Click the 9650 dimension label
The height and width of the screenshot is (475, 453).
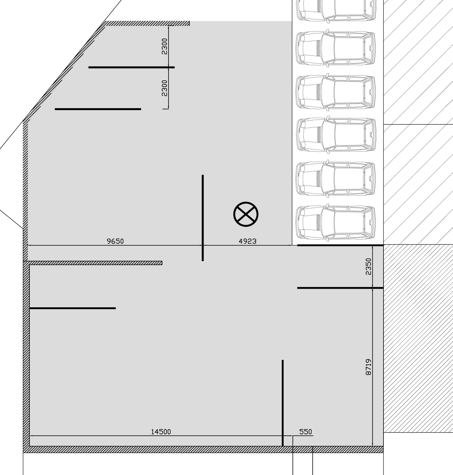[x=115, y=241]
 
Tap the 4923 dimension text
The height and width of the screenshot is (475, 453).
[x=247, y=241]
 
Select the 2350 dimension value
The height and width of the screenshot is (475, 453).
[x=368, y=266]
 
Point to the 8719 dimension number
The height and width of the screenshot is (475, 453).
[x=368, y=367]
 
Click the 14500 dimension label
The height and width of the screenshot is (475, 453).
[x=161, y=432]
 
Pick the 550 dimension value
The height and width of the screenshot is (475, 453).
[x=306, y=432]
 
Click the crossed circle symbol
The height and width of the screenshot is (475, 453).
[x=246, y=214]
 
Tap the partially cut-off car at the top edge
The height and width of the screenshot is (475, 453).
[x=336, y=10]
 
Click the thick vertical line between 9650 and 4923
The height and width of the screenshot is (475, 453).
[x=203, y=218]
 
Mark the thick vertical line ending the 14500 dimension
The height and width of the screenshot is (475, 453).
[x=283, y=403]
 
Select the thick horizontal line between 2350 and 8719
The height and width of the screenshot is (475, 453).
[x=340, y=288]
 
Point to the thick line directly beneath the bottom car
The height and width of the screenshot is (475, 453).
[x=340, y=245]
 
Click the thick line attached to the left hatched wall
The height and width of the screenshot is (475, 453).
[x=73, y=308]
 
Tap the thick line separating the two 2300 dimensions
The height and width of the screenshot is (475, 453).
[x=131, y=67]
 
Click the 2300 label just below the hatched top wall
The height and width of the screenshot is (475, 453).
[x=164, y=46]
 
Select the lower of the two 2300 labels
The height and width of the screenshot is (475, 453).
[x=164, y=88]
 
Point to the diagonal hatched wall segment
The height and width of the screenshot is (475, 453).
[x=64, y=72]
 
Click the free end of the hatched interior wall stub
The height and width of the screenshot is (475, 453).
[x=161, y=263]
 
